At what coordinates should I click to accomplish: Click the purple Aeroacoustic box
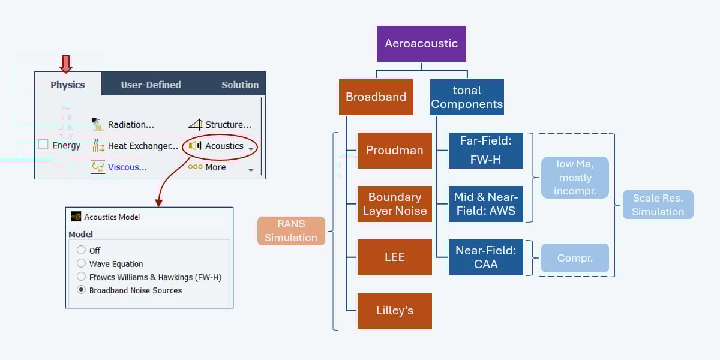click(x=421, y=44)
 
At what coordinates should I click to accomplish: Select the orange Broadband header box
click(x=376, y=97)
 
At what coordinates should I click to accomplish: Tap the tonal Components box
click(x=467, y=97)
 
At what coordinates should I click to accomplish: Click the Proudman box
click(x=394, y=151)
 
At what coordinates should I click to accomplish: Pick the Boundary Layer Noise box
click(x=394, y=204)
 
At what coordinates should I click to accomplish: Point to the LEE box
click(x=394, y=257)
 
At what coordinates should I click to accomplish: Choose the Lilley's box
click(x=394, y=311)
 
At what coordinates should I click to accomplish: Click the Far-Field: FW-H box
click(x=485, y=151)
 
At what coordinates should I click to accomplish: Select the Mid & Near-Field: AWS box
click(x=485, y=204)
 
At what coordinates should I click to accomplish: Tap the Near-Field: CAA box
click(x=485, y=257)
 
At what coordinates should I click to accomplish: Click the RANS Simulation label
click(x=291, y=231)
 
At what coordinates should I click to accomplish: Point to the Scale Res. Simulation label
click(x=658, y=205)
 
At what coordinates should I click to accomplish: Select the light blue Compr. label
click(x=575, y=258)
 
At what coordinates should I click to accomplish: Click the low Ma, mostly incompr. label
click(x=575, y=178)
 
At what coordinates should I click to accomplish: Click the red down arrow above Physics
click(x=67, y=64)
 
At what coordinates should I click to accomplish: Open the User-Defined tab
click(x=151, y=85)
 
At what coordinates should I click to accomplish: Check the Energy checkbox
click(x=43, y=145)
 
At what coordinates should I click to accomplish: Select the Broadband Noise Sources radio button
click(x=82, y=290)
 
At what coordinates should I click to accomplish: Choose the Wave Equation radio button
click(x=82, y=263)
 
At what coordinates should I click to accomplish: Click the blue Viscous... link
click(x=127, y=167)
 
